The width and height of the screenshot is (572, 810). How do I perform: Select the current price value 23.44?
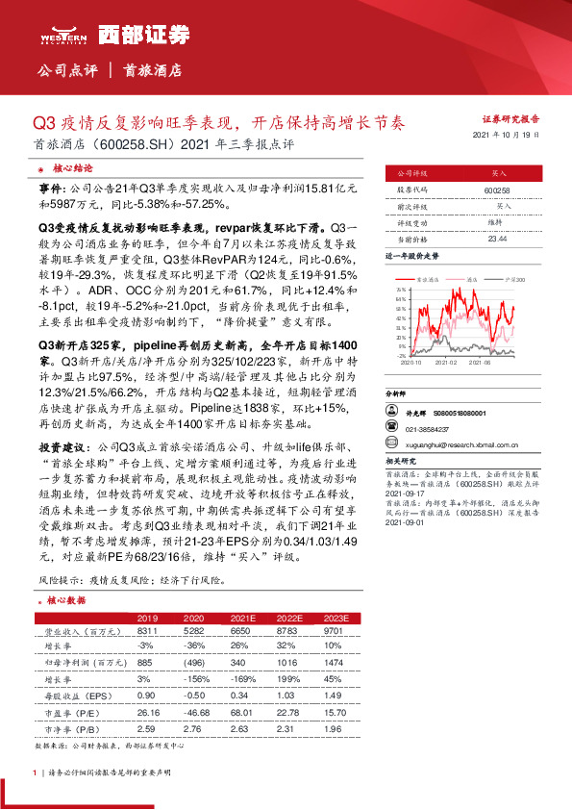coord(497,238)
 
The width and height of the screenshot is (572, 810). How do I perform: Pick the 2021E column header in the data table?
coord(243,618)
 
